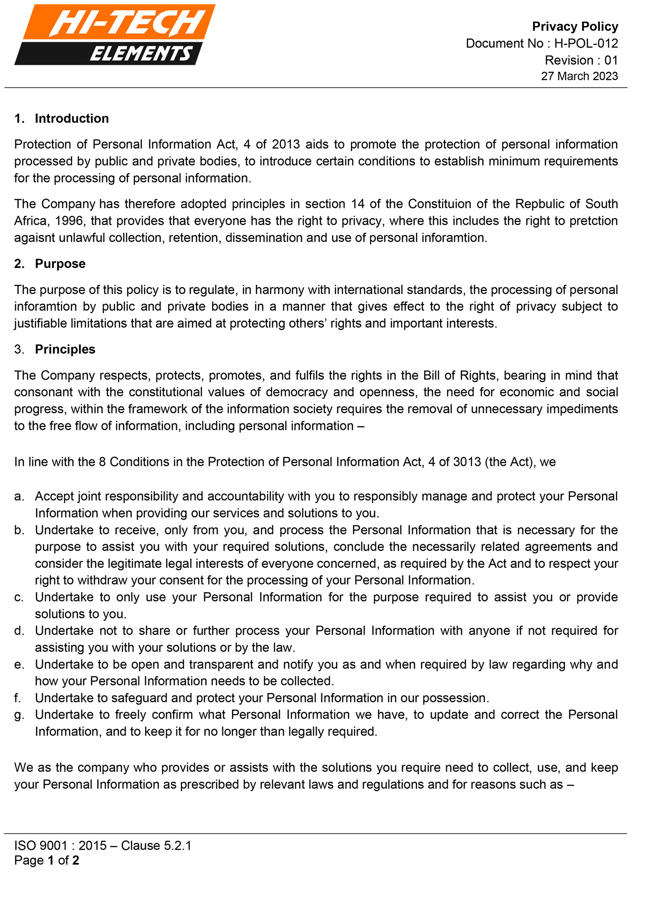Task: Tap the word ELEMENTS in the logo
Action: pos(141,54)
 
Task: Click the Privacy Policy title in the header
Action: pos(575,26)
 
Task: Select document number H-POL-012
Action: pos(586,43)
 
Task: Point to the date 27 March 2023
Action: pos(579,76)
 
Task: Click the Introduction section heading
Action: pos(72,119)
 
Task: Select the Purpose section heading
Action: pos(60,264)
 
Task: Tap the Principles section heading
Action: pos(65,349)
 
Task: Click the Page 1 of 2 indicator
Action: pos(47,860)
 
